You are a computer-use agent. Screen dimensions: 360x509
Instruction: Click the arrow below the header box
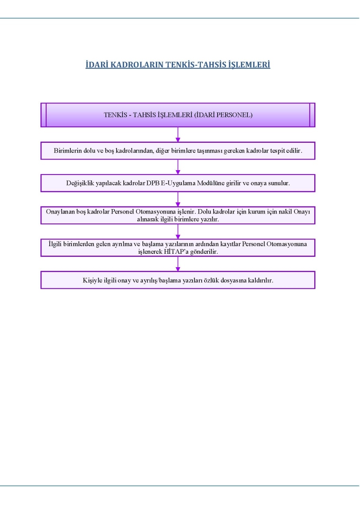click(x=178, y=134)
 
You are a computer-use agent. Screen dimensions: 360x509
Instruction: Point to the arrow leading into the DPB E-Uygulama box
click(x=178, y=167)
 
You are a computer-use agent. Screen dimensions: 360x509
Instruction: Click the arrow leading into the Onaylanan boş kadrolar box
click(x=178, y=199)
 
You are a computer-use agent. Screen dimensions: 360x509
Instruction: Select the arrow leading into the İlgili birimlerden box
click(x=178, y=231)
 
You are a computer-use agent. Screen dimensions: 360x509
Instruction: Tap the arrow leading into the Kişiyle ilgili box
click(x=178, y=264)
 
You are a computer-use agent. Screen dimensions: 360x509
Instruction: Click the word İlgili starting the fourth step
click(x=55, y=244)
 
